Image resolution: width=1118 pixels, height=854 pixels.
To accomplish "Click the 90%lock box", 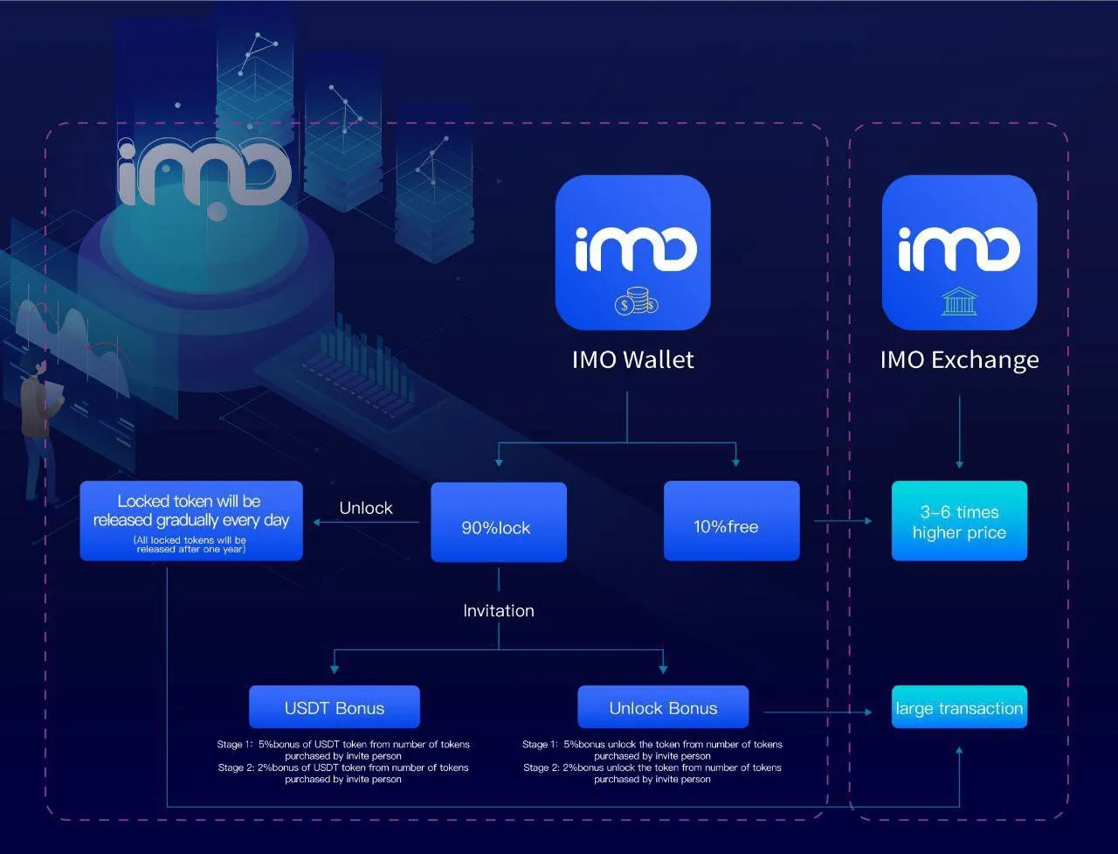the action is (499, 522).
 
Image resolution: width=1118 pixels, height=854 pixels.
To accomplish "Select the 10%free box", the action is (731, 521).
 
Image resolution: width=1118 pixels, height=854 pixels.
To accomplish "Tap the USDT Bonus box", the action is (335, 707).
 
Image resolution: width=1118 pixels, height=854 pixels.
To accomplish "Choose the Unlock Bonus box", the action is (663, 707).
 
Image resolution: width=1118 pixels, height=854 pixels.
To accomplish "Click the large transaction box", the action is (959, 707).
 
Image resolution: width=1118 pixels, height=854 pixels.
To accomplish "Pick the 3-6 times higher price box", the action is (959, 521).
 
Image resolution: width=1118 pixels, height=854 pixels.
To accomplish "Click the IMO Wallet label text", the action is (632, 360).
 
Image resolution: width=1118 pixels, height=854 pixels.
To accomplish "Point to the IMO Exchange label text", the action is (960, 361).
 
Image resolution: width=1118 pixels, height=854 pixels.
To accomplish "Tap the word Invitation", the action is (499, 610).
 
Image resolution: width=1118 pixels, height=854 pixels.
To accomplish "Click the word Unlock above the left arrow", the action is (366, 508).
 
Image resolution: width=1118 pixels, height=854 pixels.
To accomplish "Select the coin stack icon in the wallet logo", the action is (636, 302).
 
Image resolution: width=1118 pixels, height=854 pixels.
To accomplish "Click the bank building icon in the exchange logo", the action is (959, 302).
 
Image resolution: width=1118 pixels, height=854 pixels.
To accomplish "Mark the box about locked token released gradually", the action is (191, 521).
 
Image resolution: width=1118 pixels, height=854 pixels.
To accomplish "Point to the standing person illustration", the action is (39, 426).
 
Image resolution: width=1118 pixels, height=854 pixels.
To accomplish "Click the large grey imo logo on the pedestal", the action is (204, 176).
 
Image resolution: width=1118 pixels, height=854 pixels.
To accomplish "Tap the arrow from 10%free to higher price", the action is (843, 521).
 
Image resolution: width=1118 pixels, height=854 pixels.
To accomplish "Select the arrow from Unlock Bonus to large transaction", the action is (818, 712).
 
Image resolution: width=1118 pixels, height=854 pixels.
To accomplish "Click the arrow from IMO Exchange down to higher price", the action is (960, 432).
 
